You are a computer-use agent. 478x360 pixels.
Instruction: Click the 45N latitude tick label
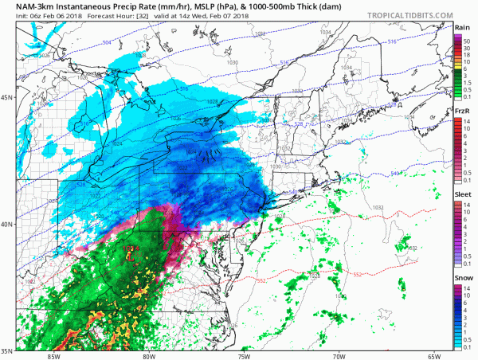pyautogui.click(x=8, y=97)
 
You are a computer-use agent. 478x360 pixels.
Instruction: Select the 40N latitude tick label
pyautogui.click(x=8, y=224)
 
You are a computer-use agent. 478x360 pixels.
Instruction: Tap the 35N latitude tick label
pyautogui.click(x=8, y=350)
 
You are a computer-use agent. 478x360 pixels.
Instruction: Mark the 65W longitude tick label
pyautogui.click(x=433, y=355)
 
